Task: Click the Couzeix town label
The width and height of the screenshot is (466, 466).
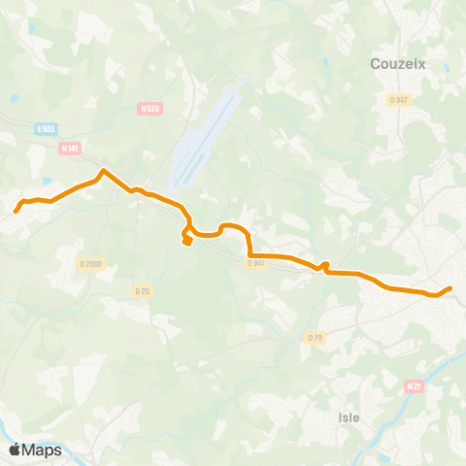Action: (399, 64)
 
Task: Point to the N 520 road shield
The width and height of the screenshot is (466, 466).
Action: (150, 110)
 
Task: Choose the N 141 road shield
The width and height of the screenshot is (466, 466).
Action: (69, 149)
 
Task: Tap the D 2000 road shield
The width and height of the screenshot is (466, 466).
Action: (91, 264)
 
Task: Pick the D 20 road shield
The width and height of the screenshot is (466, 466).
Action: (143, 290)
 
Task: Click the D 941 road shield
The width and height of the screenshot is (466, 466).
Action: (255, 263)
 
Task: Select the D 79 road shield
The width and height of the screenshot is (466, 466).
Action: (314, 337)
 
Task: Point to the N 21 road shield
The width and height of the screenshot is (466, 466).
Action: (415, 386)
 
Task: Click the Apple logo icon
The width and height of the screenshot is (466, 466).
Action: (15, 449)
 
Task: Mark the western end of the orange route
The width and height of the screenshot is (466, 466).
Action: (16, 210)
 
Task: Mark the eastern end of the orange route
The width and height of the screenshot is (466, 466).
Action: (450, 287)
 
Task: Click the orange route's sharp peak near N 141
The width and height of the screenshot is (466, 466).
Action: (103, 172)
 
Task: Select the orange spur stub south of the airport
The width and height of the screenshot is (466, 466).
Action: (185, 242)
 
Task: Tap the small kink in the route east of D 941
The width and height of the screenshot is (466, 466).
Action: (326, 265)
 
